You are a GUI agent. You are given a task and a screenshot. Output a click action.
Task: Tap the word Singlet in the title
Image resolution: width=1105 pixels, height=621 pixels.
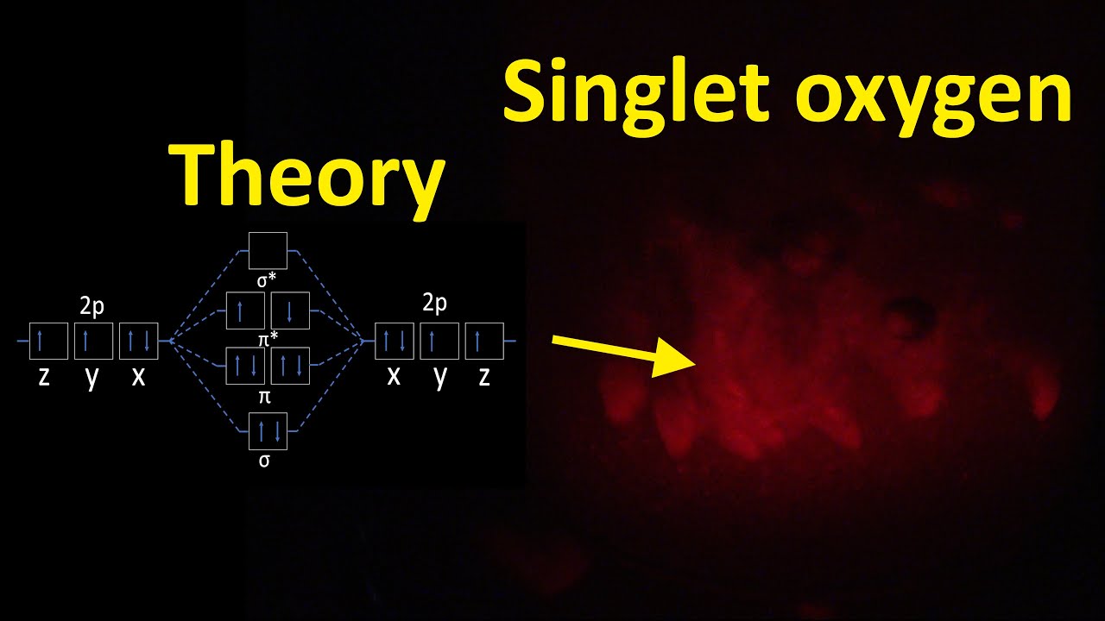tap(635, 91)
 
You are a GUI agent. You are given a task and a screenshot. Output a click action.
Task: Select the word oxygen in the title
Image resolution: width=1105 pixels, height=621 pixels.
tap(928, 95)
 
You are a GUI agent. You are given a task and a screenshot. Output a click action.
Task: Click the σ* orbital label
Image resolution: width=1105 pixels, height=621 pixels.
tap(268, 278)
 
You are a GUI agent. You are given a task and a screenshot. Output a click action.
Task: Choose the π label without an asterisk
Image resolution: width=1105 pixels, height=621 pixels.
tap(264, 396)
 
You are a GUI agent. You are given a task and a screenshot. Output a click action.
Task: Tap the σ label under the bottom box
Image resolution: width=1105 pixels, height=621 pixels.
tap(264, 460)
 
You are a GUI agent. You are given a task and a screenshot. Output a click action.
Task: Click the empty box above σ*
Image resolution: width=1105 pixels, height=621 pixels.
tap(268, 250)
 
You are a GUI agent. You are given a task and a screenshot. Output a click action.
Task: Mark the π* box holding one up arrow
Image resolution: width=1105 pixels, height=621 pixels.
tap(245, 310)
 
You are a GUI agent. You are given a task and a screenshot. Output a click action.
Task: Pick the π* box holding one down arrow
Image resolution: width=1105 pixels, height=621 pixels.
tap(290, 310)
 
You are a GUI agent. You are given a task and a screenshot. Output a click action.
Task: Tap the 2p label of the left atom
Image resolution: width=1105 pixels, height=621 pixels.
tap(92, 306)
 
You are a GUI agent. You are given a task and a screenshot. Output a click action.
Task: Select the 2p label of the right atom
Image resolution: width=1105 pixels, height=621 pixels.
tap(434, 303)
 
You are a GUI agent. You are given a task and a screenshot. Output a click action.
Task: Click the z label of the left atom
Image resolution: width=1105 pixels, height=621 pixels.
tap(44, 377)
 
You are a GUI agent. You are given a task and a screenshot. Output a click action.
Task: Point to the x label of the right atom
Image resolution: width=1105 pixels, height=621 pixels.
tap(394, 375)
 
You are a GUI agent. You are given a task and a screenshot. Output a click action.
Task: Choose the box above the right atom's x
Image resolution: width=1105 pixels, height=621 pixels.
tap(394, 342)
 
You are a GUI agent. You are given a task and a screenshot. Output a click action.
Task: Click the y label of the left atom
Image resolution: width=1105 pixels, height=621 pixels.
tap(92, 377)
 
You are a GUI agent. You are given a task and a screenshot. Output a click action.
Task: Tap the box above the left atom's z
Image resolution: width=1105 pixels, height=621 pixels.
tap(48, 342)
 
